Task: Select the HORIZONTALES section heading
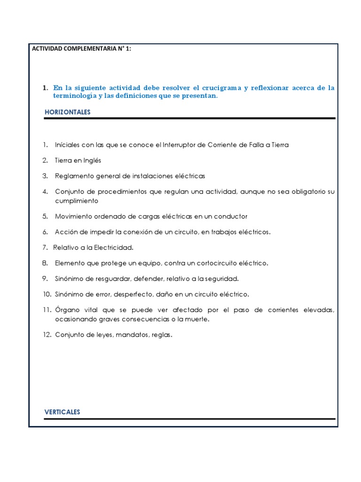tap(67, 112)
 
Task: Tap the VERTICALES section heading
tap(63, 412)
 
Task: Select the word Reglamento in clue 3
tap(72, 176)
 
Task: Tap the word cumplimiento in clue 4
tap(77, 201)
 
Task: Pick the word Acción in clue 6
tap(65, 232)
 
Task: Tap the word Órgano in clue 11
tap(66, 310)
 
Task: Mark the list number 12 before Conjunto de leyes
tap(47, 335)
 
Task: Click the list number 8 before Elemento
tap(45, 263)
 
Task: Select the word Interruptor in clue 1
tap(178, 145)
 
